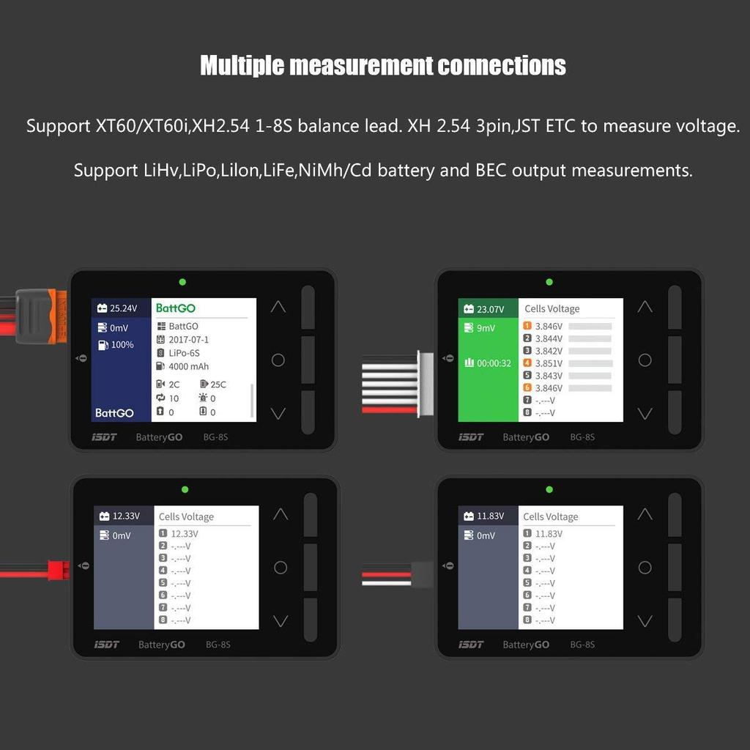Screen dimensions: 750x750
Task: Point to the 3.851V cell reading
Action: click(x=549, y=363)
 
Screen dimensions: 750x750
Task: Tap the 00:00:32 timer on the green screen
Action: click(x=494, y=363)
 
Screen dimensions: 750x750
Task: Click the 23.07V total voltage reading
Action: click(x=490, y=309)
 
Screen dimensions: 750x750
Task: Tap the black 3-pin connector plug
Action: click(x=423, y=574)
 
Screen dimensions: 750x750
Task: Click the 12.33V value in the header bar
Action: click(x=125, y=516)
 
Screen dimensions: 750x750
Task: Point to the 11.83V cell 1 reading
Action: click(x=549, y=534)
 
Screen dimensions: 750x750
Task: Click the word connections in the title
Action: click(x=502, y=66)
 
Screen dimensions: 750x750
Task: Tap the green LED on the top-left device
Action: click(x=182, y=282)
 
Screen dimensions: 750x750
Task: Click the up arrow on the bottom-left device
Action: click(x=280, y=515)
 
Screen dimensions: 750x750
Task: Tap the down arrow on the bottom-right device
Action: click(x=645, y=621)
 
